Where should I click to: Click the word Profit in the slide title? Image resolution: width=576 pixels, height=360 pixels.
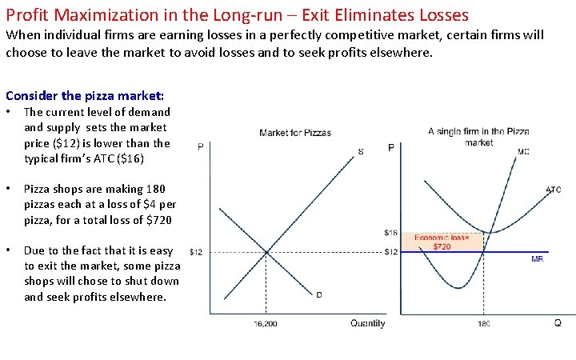pos(26,14)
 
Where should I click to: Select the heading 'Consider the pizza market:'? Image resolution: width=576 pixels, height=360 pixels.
pos(85,95)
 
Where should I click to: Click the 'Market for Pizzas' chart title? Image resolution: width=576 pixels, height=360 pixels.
pos(295,133)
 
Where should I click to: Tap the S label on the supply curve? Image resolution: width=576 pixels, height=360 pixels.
pos(361,152)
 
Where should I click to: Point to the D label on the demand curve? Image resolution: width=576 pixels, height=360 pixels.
pos(319,294)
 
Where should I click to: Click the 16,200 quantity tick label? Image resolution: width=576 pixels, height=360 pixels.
pos(266,324)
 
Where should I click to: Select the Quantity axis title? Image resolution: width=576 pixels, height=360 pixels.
pos(367,324)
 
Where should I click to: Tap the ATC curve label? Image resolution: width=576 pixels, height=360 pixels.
pos(554,190)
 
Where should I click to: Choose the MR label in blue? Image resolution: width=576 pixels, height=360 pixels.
pos(537,259)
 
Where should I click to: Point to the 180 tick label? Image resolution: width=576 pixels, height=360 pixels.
pos(484,324)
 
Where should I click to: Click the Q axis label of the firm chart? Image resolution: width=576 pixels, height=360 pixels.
pos(557,323)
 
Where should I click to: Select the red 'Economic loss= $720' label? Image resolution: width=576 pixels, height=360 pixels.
pos(442,242)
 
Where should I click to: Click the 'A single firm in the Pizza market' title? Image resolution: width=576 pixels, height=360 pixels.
pos(478,137)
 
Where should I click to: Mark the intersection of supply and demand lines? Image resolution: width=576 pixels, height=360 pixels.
pos(266,252)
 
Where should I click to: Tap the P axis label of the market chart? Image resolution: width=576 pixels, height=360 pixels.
pos(200,146)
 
